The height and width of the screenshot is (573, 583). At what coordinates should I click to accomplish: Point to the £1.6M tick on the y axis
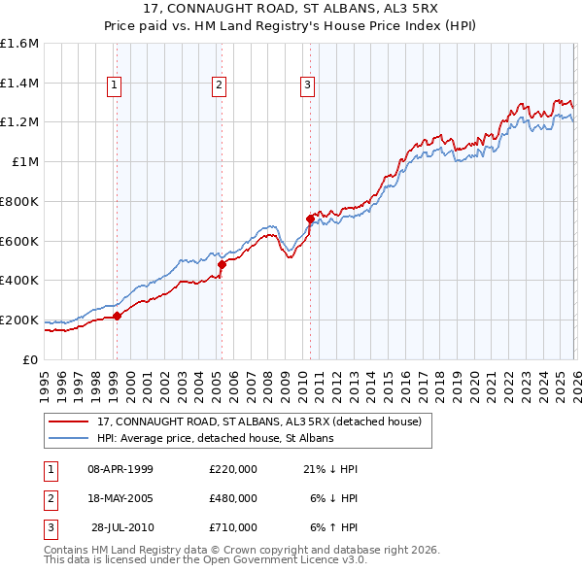coord(19,44)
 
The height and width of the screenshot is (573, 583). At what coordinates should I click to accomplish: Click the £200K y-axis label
coord(19,320)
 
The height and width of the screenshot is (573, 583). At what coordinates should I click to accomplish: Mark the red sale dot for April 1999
coord(117,316)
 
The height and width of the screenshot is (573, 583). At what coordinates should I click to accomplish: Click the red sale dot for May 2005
coord(222,264)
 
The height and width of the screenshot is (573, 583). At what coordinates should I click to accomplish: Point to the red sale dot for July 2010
coord(310,219)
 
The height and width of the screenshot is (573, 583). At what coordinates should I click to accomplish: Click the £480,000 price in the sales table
coord(233,498)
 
